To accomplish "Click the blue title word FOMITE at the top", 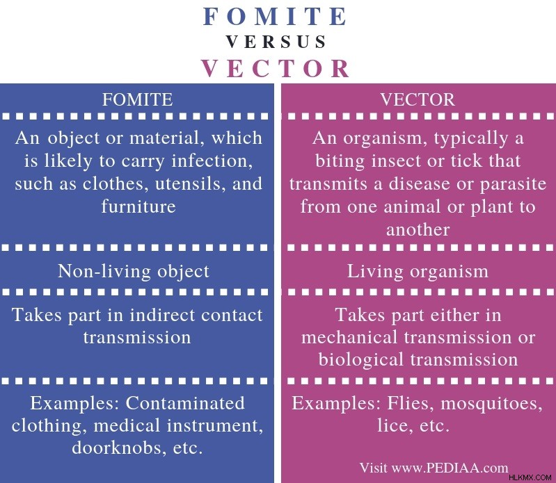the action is point(275,16).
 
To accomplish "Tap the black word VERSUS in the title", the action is point(276,42).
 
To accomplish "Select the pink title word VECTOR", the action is point(276,68).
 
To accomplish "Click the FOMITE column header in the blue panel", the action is point(138,99).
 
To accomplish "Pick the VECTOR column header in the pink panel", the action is point(418,99).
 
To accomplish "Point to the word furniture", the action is point(138,206).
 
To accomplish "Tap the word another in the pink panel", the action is point(418,230).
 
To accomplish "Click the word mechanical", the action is point(349,337).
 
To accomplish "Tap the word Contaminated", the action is point(185,403).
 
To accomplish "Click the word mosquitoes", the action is point(491,404).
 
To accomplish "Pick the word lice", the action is point(390,425).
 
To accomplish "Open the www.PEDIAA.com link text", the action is point(450,468).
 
